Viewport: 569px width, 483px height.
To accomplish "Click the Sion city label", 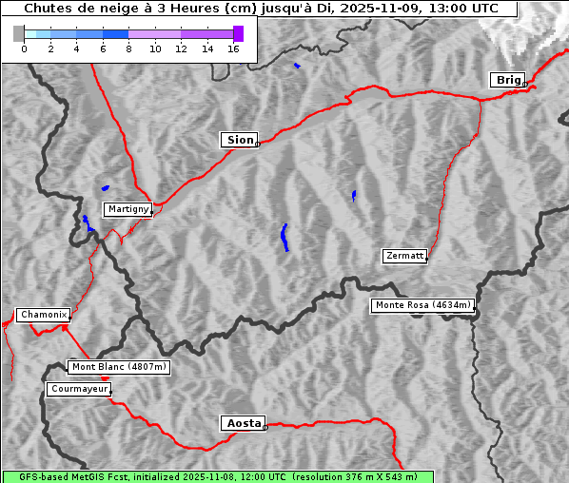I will coord(239,140).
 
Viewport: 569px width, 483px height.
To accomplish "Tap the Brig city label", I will coord(507,80).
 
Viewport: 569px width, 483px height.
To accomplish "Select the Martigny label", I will coord(128,208).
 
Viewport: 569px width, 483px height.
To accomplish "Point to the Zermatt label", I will coord(404,256).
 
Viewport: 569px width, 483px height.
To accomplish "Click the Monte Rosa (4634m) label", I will coord(422,305).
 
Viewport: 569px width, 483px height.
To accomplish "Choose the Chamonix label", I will coord(43,315).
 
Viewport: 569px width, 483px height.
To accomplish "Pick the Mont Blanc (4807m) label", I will coord(119,367).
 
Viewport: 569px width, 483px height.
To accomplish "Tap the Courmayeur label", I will coord(79,389).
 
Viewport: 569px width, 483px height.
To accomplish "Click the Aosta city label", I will coord(243,423).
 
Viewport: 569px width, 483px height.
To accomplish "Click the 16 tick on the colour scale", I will coord(233,48).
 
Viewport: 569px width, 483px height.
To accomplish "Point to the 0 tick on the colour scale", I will coord(24,48).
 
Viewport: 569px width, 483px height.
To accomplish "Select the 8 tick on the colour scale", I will coord(128,48).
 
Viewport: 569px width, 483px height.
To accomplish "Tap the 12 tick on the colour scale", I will coord(181,48).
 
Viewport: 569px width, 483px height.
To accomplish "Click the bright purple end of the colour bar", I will coord(238,33).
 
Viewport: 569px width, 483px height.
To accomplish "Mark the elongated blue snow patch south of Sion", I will coord(284,237).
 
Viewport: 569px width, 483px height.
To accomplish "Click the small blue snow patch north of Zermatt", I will coord(354,195).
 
